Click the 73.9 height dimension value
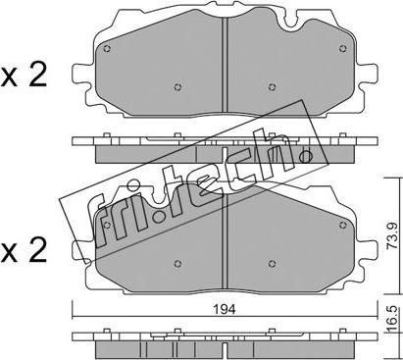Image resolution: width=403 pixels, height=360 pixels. pos(391,235)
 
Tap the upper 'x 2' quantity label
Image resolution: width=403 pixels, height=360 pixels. pos(24,77)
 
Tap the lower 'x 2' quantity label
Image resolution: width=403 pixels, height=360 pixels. pos(24,251)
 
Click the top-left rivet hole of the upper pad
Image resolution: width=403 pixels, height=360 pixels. pos(107,49)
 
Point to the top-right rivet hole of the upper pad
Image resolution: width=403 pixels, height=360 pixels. pos(343,49)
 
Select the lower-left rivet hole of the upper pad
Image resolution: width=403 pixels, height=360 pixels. pos(177,87)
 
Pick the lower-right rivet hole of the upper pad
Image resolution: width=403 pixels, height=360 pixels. pos(272,87)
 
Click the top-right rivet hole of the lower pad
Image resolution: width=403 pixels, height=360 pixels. pos(343,225)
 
